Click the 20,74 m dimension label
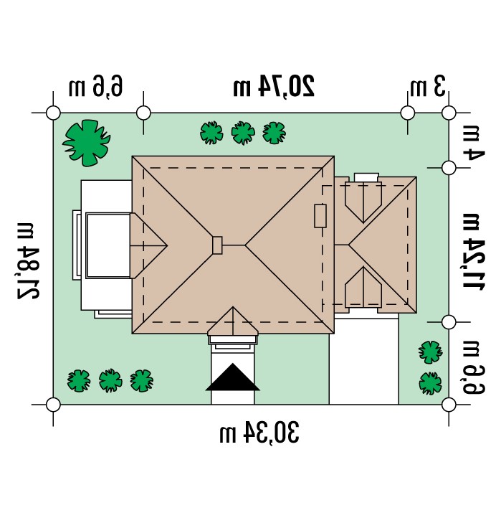(274, 86)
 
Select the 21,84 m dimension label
(29, 261)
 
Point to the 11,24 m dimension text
(473, 252)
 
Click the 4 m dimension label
(473, 143)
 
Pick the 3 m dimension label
(428, 86)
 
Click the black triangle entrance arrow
(233, 377)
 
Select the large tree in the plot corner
(87, 143)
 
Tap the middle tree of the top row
(243, 133)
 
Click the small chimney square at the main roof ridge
(217, 245)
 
